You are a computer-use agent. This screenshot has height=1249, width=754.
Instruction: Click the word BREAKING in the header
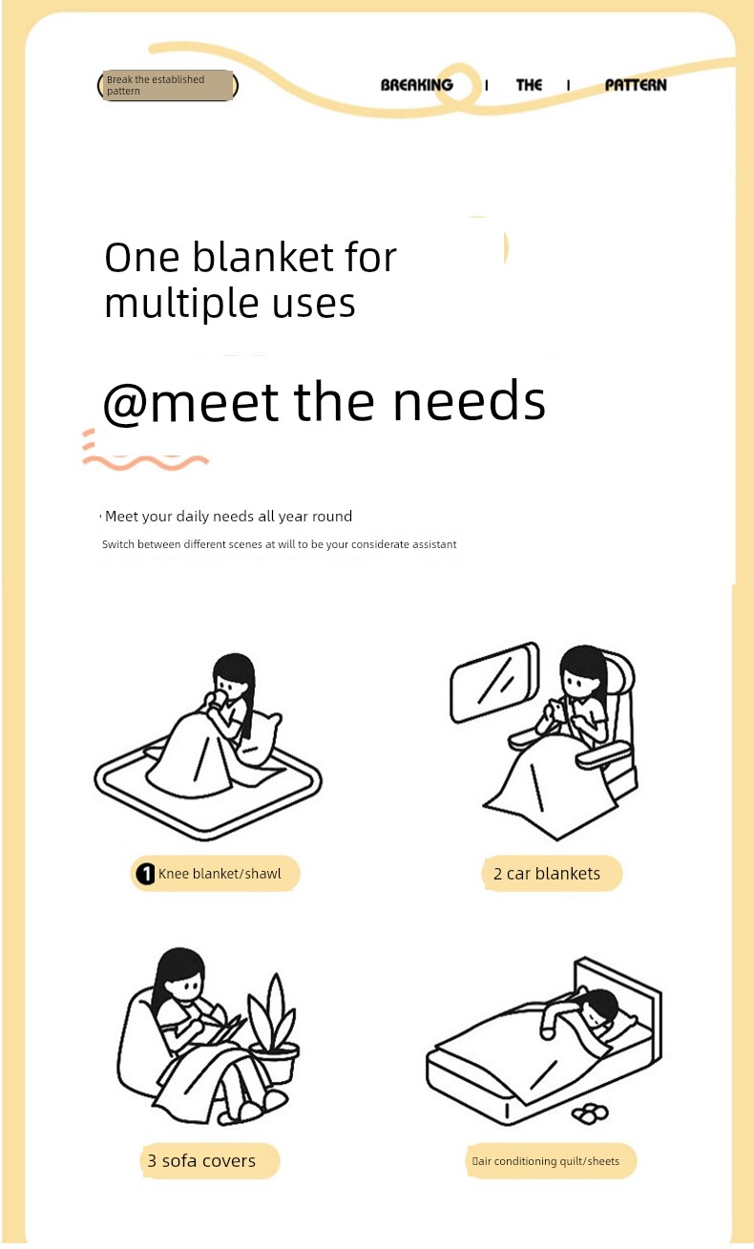tap(416, 85)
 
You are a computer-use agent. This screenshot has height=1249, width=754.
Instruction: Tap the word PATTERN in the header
tap(636, 85)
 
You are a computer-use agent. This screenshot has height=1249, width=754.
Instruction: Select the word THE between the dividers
tap(529, 85)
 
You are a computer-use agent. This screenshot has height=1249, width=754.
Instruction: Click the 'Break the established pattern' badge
tap(168, 85)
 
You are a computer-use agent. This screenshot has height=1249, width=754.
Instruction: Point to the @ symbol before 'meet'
tap(125, 403)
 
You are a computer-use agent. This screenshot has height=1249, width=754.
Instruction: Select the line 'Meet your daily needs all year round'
tap(228, 517)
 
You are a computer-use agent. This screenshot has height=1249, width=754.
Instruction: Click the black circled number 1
tap(146, 874)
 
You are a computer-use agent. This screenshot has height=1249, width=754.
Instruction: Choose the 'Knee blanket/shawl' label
tap(220, 874)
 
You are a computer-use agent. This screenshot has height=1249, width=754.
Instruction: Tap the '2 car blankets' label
tap(547, 873)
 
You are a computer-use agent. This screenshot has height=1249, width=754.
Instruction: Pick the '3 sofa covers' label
tap(201, 1160)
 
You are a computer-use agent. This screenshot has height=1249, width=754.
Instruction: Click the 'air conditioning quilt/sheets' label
tap(547, 1161)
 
